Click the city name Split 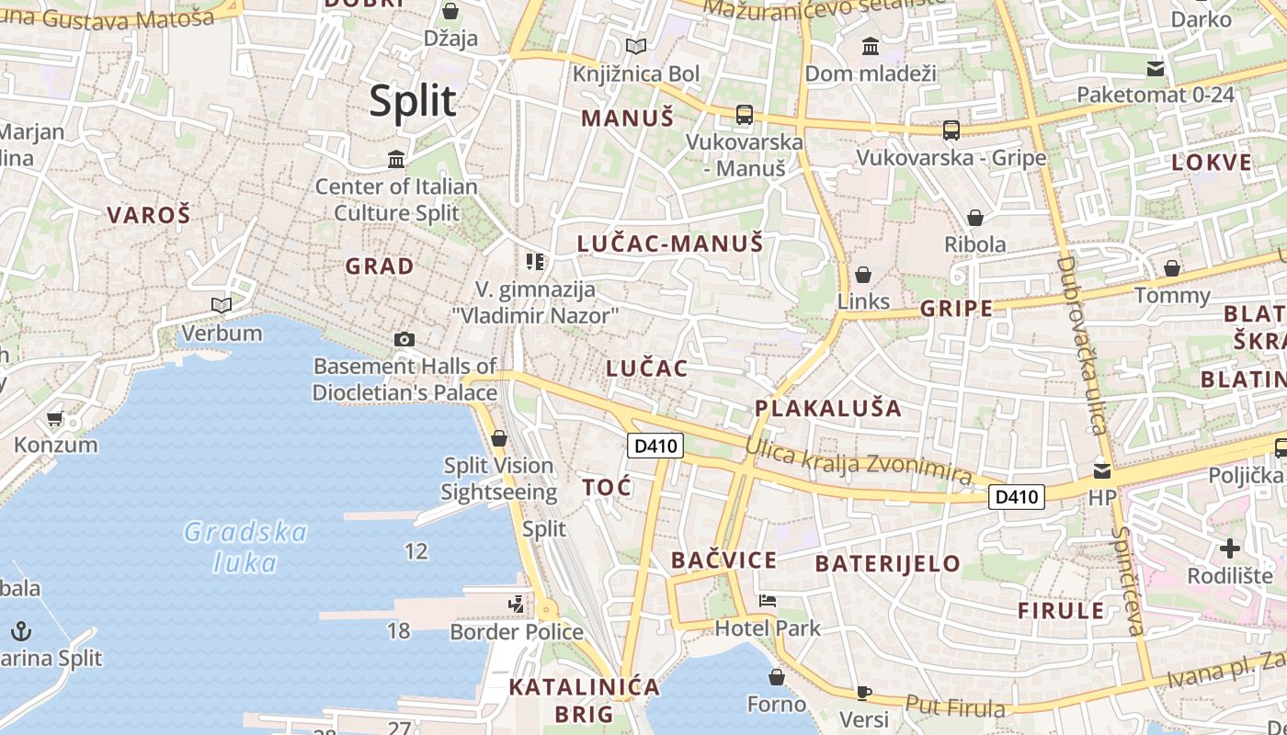pyautogui.click(x=413, y=100)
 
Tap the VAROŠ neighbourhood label pyautogui.click(x=149, y=215)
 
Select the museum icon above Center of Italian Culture pyautogui.click(x=396, y=159)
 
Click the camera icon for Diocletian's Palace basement pyautogui.click(x=404, y=339)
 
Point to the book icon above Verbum pyautogui.click(x=222, y=305)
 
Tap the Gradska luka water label pyautogui.click(x=245, y=547)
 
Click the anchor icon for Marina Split pyautogui.click(x=20, y=631)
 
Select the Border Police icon pyautogui.click(x=517, y=604)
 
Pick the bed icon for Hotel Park pyautogui.click(x=768, y=602)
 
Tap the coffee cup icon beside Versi pyautogui.click(x=863, y=692)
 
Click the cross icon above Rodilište pyautogui.click(x=1229, y=549)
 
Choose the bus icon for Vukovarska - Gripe pyautogui.click(x=951, y=130)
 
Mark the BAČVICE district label pyautogui.click(x=723, y=560)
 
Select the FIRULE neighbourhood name pyautogui.click(x=1061, y=610)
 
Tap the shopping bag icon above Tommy pyautogui.click(x=1172, y=268)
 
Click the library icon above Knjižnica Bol pyautogui.click(x=635, y=46)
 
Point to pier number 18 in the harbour pyautogui.click(x=398, y=630)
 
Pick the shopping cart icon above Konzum pyautogui.click(x=55, y=419)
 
